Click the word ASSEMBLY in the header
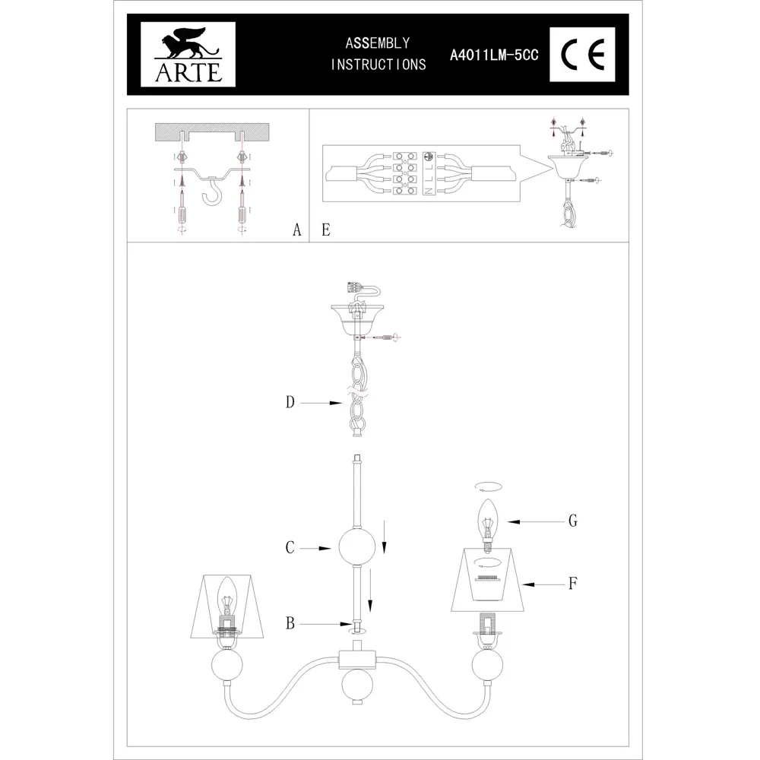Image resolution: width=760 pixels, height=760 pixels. coord(378,43)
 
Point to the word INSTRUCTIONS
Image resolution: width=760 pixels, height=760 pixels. coord(378,65)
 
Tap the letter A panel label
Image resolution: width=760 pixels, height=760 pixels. coord(297,230)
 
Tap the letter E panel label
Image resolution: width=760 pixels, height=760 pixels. coord(325,230)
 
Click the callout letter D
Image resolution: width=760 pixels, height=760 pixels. coord(290,403)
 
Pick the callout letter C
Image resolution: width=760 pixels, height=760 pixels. coord(290,547)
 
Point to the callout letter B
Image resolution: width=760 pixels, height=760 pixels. coord(290,624)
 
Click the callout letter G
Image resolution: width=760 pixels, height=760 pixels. coord(574,521)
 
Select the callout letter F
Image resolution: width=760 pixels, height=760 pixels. coord(575,584)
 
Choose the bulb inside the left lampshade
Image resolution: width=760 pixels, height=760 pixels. coord(226,597)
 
